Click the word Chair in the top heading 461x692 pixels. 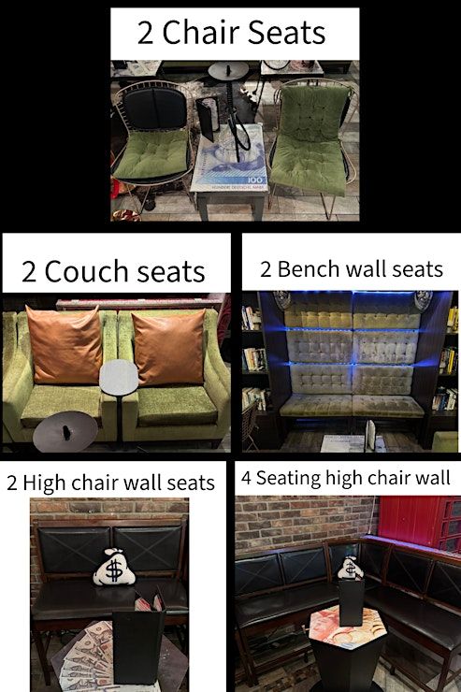(x=201, y=33)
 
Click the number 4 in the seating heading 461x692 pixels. (x=246, y=479)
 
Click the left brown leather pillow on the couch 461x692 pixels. (x=64, y=344)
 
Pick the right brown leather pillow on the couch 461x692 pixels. (x=169, y=347)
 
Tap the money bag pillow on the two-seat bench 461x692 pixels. (x=114, y=568)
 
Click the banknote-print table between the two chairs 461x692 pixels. (x=229, y=159)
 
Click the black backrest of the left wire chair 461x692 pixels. (x=155, y=108)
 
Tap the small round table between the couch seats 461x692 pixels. (x=119, y=378)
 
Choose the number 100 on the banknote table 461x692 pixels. (x=254, y=180)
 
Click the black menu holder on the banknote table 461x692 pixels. (x=208, y=116)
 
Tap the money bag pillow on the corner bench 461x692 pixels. (x=350, y=568)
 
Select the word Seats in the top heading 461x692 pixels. (x=286, y=33)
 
